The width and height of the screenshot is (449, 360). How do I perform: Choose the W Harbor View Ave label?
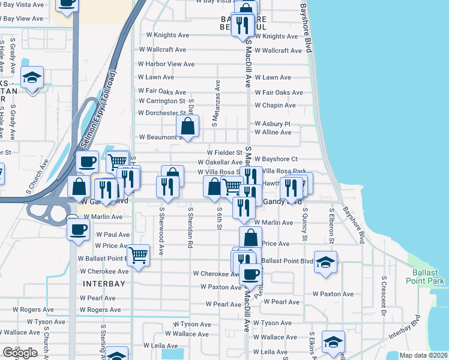[166, 64]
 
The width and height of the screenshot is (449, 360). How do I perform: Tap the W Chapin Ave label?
[275, 106]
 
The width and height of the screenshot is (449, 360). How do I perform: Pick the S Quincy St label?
[305, 226]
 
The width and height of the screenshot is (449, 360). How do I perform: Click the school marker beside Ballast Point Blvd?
[325, 262]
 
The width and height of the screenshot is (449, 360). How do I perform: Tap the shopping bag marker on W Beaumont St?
[188, 127]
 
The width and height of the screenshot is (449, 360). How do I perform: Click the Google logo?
[20, 353]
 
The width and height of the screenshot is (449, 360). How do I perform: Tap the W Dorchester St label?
[162, 113]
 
